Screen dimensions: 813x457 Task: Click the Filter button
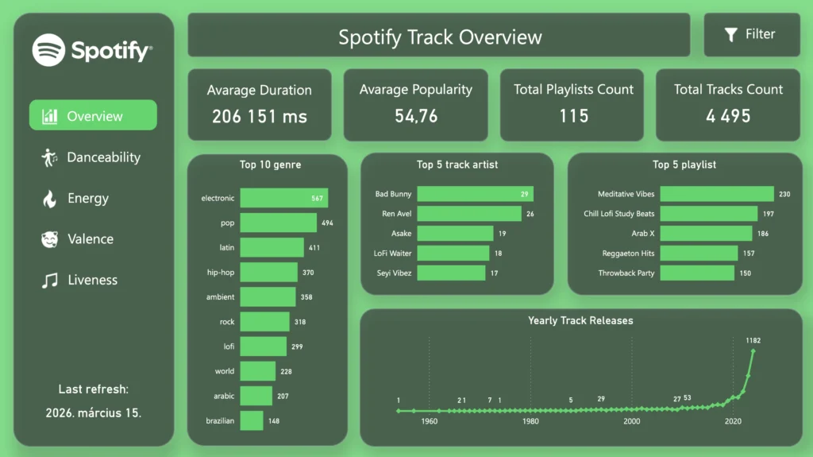click(751, 35)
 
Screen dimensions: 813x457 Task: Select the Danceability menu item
click(91, 157)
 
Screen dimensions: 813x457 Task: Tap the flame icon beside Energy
click(49, 199)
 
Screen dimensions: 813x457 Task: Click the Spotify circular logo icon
click(48, 50)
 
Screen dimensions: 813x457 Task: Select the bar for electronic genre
click(283, 198)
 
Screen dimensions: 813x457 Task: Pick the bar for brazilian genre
click(252, 420)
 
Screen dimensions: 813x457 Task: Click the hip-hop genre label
click(221, 272)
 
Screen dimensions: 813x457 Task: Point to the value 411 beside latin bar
click(314, 248)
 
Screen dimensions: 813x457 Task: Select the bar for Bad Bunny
click(475, 194)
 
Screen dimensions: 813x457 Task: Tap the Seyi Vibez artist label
click(394, 273)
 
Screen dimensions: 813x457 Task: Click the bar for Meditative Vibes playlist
click(717, 194)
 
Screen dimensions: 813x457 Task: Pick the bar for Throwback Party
click(697, 273)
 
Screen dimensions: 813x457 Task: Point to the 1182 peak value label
click(753, 340)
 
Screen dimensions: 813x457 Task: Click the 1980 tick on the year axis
click(530, 421)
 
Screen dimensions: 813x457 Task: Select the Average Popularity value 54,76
click(416, 116)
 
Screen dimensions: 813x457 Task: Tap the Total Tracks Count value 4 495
click(728, 116)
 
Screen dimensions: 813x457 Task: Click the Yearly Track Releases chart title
click(580, 320)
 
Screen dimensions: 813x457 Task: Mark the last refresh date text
click(94, 412)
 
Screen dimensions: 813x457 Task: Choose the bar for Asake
click(455, 233)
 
